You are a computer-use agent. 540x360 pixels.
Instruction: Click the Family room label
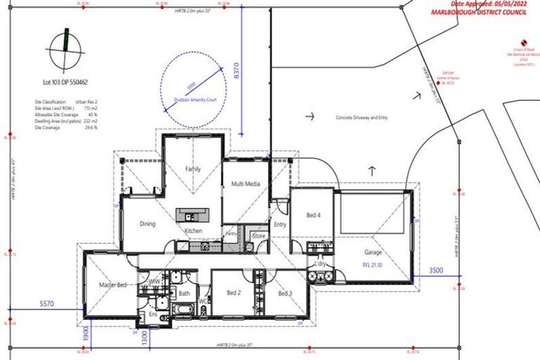pyautogui.click(x=193, y=169)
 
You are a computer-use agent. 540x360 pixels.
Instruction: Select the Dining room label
pyautogui.click(x=147, y=224)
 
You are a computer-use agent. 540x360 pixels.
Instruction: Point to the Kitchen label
pyautogui.click(x=193, y=231)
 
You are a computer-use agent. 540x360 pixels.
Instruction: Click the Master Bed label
pyautogui.click(x=112, y=285)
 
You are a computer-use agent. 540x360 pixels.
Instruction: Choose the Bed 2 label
pyautogui.click(x=234, y=292)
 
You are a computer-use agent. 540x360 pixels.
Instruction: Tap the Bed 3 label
pyautogui.click(x=285, y=293)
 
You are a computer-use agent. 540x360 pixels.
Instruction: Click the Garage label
pyautogui.click(x=373, y=252)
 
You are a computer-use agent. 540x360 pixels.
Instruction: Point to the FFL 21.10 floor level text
pyautogui.click(x=373, y=266)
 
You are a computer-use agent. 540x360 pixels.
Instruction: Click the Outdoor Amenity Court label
pyautogui.click(x=193, y=101)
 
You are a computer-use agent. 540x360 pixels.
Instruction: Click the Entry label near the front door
pyautogui.click(x=280, y=224)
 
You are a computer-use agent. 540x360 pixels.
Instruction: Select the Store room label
pyautogui.click(x=259, y=236)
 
